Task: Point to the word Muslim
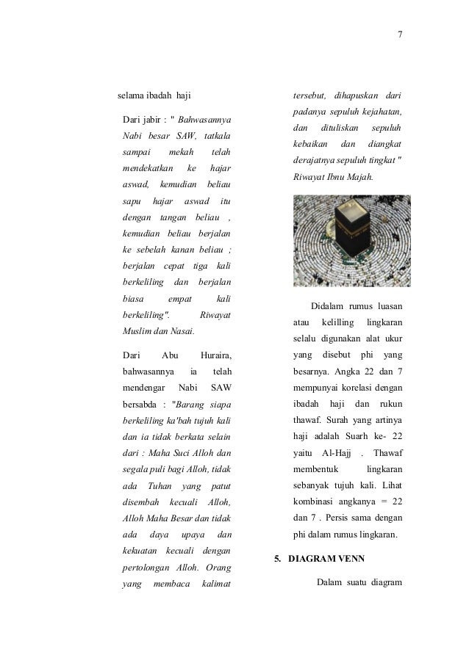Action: [x=138, y=330]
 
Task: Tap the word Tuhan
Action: [x=160, y=486]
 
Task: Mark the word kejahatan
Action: [x=382, y=110]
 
